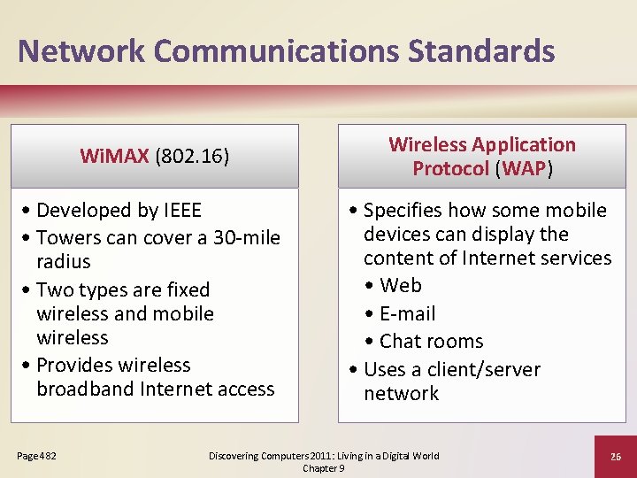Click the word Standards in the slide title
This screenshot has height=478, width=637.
pyautogui.click(x=481, y=50)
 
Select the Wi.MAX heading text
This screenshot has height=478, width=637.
pyautogui.click(x=115, y=157)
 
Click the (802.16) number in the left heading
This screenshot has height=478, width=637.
pyautogui.click(x=192, y=157)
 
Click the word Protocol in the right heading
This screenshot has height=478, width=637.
pyautogui.click(x=450, y=168)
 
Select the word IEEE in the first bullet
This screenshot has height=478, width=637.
pyautogui.click(x=183, y=211)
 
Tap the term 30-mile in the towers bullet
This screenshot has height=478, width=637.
pyautogui.click(x=247, y=238)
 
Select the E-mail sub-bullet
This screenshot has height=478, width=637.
pyautogui.click(x=407, y=313)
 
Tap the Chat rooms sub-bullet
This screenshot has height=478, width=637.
pyautogui.click(x=431, y=342)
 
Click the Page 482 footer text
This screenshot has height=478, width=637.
pyautogui.click(x=36, y=456)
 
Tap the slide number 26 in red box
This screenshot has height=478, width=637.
pyautogui.click(x=615, y=456)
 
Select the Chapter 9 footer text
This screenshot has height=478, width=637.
pyautogui.click(x=324, y=467)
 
